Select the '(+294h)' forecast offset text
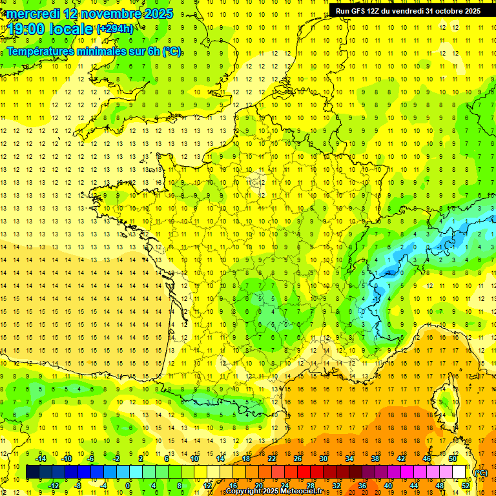coord(116,29)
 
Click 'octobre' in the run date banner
coord(442,11)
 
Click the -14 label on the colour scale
coord(41,459)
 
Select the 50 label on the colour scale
coord(453,459)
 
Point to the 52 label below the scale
coord(466,485)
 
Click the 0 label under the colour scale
coord(127,485)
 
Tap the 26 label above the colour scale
coord(298,459)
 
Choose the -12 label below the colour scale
coord(54,485)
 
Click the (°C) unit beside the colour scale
coord(481,473)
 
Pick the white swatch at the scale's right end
coord(459,472)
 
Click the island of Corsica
coord(443,394)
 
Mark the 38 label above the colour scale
coord(375,459)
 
